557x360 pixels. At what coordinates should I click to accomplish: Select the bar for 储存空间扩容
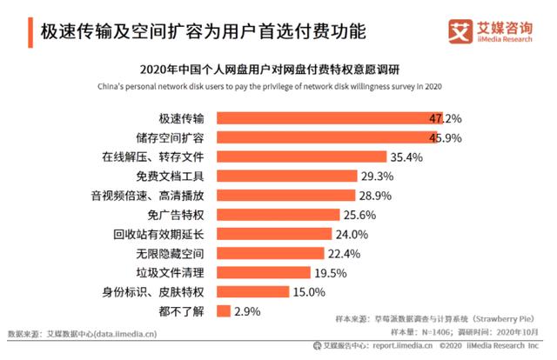coord(327,138)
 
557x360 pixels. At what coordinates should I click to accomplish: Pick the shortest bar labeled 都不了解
coord(224,310)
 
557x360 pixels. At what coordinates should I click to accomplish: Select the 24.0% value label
coord(353,234)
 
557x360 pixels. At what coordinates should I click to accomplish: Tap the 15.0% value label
coord(310,291)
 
